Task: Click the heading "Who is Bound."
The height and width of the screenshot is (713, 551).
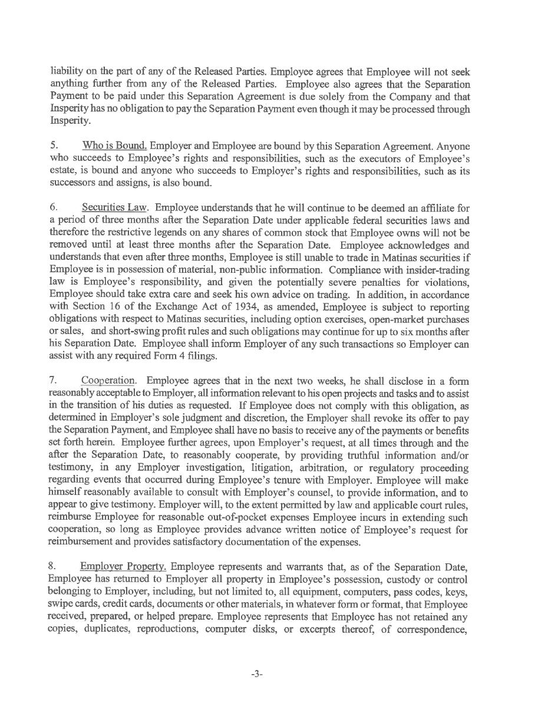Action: point(114,146)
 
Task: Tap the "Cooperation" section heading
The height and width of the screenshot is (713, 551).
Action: point(108,381)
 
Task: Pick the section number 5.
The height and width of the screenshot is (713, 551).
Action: point(53,146)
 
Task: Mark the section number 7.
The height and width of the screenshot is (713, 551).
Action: point(53,381)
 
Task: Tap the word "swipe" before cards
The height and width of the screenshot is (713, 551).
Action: point(60,605)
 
